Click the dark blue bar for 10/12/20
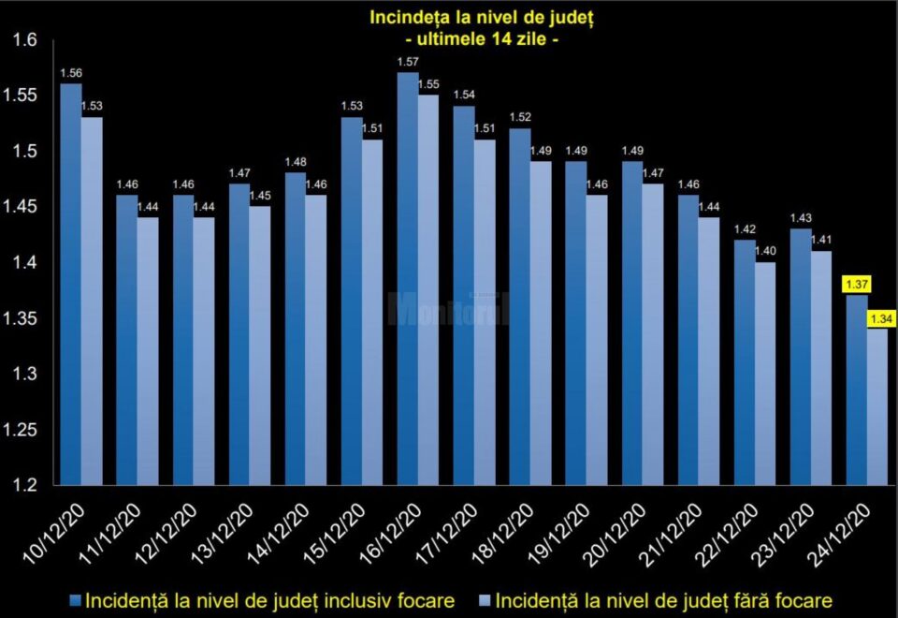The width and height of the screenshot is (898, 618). (71, 285)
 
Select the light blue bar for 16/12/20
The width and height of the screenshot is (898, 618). (427, 290)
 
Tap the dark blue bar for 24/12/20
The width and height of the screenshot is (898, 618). (857, 390)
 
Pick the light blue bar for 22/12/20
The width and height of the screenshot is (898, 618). (765, 374)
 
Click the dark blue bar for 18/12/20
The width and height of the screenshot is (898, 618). (520, 307)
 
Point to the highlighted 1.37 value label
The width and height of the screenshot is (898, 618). (856, 284)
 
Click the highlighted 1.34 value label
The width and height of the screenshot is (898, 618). (881, 318)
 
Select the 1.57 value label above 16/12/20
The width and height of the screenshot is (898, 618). (408, 62)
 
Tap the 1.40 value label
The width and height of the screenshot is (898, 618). (765, 251)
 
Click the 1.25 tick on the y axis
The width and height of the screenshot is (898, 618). (20, 430)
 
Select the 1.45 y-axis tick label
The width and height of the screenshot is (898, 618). (20, 206)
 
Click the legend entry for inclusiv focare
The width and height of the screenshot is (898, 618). (262, 601)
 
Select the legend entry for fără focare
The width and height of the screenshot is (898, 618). (655, 601)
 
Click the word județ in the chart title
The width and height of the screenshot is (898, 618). (570, 18)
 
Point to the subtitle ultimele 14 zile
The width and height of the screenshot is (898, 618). (482, 39)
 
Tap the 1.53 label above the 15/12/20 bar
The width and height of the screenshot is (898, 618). (352, 106)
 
